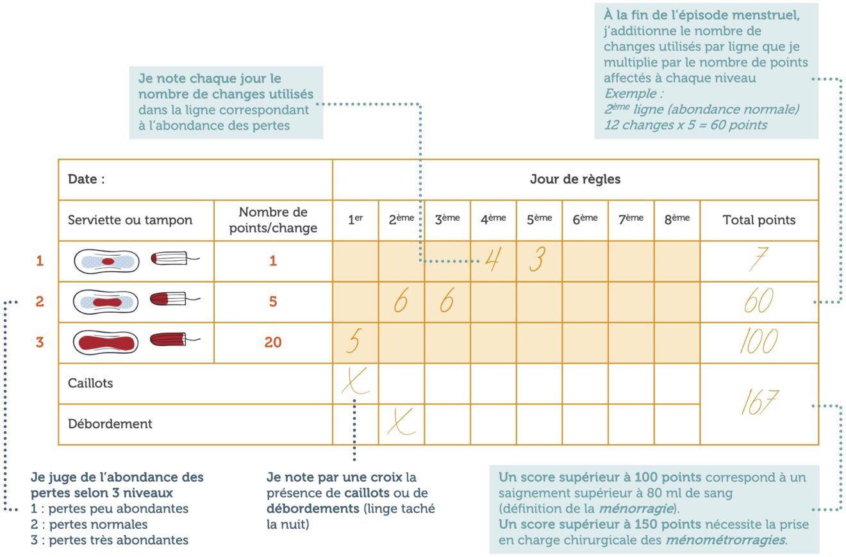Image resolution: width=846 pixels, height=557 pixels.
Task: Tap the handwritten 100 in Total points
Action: pos(759,342)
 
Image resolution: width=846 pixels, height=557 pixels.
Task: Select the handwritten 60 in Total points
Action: pos(759,301)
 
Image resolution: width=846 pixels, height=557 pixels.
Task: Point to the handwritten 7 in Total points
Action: pos(759,260)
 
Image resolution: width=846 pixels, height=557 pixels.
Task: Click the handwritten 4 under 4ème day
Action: pos(492,260)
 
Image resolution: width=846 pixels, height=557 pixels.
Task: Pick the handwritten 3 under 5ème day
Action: pos(537,260)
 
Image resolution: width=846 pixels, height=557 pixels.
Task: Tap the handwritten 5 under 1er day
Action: pos(353,341)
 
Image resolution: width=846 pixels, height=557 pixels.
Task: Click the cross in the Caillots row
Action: pos(354,382)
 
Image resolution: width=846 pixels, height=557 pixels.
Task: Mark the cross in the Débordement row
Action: pos(401,423)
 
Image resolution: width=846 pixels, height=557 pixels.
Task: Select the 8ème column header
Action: pos(677,220)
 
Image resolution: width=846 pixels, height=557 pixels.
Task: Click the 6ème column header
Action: pos(585,220)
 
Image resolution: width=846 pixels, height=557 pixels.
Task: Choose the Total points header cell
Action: pos(759,220)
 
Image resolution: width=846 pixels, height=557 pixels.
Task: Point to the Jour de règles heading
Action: pos(575,179)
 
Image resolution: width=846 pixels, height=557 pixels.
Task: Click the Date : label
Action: pos(87,179)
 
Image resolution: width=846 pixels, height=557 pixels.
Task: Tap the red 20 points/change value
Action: pos(273,342)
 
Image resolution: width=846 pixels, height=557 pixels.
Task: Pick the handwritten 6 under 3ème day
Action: pos(446,301)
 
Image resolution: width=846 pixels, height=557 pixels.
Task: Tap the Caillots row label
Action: pos(90,383)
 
